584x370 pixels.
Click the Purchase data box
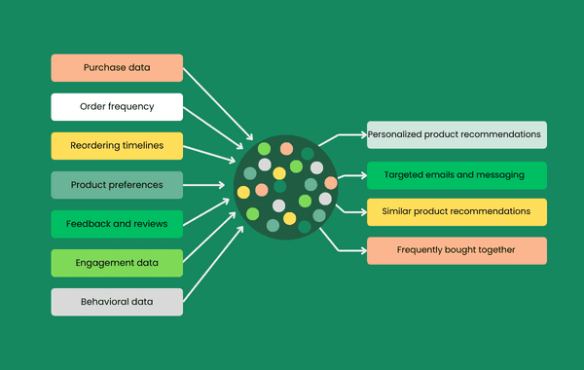point(117,67)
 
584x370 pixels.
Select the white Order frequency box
point(117,106)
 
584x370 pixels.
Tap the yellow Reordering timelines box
point(117,146)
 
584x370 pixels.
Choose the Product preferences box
point(117,184)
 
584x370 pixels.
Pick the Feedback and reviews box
point(117,224)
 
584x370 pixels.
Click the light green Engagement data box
point(117,263)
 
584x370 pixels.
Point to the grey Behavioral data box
point(117,302)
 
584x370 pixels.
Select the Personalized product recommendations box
point(456,134)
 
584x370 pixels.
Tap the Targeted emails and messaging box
point(456,175)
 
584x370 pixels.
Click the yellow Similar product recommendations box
point(456,211)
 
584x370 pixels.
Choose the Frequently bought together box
point(456,250)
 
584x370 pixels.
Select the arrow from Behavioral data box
point(212,263)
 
